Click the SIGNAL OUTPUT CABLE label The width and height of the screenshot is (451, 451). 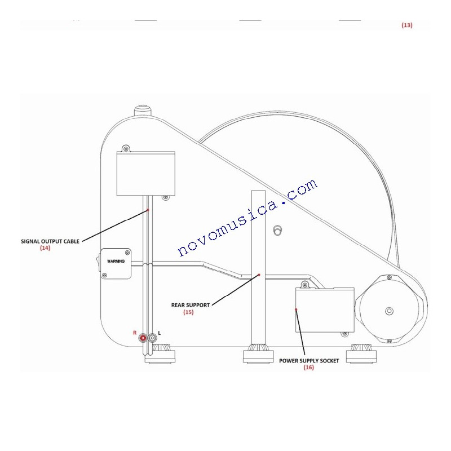(50, 241)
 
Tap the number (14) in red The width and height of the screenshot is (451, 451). (45, 247)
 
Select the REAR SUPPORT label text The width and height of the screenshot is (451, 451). (191, 305)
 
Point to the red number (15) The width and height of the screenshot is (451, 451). (188, 312)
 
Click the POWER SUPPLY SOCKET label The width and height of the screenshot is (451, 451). (309, 361)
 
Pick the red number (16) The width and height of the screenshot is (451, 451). (308, 368)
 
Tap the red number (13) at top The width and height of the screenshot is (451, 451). (406, 25)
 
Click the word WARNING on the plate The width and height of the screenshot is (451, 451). (116, 261)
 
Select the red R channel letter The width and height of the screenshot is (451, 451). (135, 333)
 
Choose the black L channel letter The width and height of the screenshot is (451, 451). (160, 333)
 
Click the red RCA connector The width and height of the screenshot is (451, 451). (143, 338)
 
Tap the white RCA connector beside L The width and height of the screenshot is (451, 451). (152, 338)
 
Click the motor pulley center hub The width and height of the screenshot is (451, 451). (389, 311)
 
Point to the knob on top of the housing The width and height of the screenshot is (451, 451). (143, 110)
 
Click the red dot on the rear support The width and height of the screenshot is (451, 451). (259, 275)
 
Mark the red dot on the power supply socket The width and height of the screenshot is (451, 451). (296, 309)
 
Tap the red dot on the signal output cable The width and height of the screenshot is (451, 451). (148, 210)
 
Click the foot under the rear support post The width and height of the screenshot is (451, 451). (258, 354)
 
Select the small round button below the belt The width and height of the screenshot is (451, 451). (277, 231)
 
